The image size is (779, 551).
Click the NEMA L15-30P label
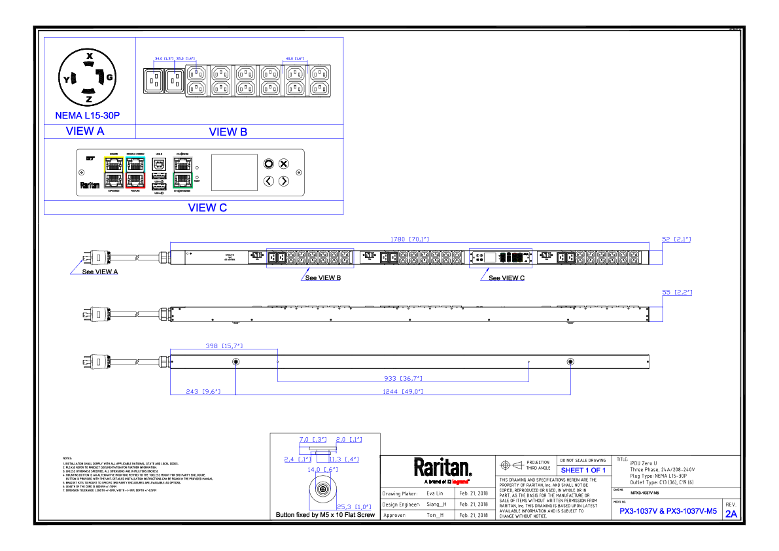point(87,116)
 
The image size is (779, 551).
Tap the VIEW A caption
point(85,131)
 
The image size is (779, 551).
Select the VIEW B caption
point(228,132)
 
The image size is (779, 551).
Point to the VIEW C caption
point(207,208)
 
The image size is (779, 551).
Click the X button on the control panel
point(284,164)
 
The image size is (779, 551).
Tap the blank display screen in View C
point(234,173)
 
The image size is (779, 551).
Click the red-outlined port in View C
point(135,180)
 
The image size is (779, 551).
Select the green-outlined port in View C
point(183,180)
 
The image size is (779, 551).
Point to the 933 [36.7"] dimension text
point(403,378)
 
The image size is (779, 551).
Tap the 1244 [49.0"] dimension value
point(404,391)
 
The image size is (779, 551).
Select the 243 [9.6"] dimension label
point(202,391)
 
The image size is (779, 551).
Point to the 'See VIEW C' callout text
point(506,278)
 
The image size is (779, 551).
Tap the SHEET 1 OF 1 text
point(583,470)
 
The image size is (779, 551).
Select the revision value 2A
point(731,514)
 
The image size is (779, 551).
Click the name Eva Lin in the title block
point(435,493)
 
